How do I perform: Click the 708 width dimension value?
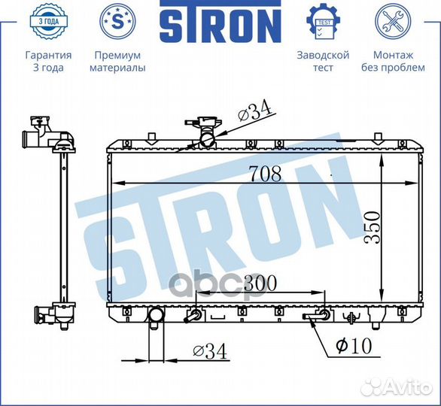click(x=266, y=174)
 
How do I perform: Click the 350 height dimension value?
click(x=372, y=228)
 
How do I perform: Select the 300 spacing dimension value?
click(x=260, y=283)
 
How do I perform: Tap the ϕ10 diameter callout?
click(x=354, y=345)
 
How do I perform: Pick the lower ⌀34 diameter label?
click(x=210, y=351)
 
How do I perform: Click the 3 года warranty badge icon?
click(x=49, y=21)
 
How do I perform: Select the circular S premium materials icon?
click(x=117, y=21)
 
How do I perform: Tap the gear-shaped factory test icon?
click(x=323, y=21)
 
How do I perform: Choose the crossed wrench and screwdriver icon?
click(x=393, y=21)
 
